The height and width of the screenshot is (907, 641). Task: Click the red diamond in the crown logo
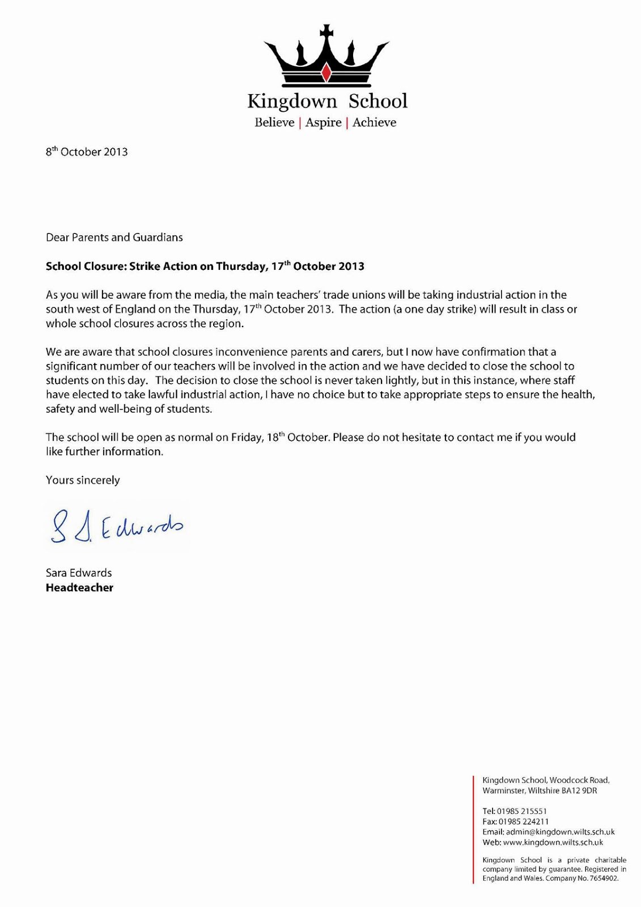coord(326,72)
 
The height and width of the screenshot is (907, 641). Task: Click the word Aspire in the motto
coord(323,122)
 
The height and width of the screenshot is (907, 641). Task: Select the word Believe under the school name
coord(274,122)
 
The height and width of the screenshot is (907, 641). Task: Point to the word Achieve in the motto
coord(374,122)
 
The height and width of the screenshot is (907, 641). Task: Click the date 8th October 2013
coord(87,152)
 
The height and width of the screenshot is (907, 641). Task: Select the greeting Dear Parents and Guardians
coord(114,238)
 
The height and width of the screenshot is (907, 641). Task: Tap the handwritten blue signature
coord(116,525)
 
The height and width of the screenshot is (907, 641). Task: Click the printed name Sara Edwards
coord(79,573)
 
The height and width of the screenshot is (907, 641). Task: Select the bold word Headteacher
coord(79,588)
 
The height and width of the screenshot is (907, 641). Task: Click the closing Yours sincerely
coord(83,480)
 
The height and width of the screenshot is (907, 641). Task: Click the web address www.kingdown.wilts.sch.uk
coord(553,842)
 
